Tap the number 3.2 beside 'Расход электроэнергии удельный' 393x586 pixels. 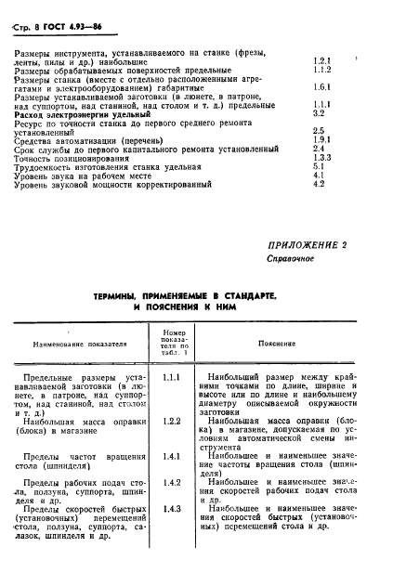tap(319, 113)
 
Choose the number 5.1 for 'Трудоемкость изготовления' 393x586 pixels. tap(319, 166)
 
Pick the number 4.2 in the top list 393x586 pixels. tap(319, 184)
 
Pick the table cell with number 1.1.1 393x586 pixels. tap(170, 379)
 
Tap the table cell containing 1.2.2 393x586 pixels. tap(170, 421)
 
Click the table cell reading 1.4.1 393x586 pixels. tap(170, 457)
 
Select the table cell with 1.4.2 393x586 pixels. tap(170, 483)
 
